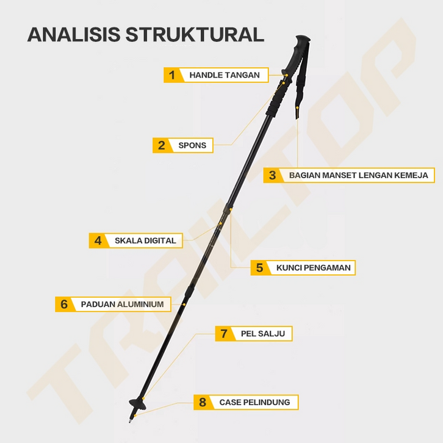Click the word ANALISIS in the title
tap(73, 34)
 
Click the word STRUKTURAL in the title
tap(195, 34)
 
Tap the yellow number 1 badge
tap(172, 75)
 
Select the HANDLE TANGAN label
tap(225, 75)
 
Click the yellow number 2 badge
tap(161, 145)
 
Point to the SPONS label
tap(192, 145)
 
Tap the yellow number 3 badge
tap(272, 175)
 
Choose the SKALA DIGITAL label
tap(145, 240)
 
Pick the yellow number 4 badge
tap(98, 240)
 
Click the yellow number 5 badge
tap(259, 268)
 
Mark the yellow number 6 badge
tap(64, 304)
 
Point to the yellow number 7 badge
tap(224, 334)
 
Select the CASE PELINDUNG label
tap(255, 402)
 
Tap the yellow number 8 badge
tap(203, 402)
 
